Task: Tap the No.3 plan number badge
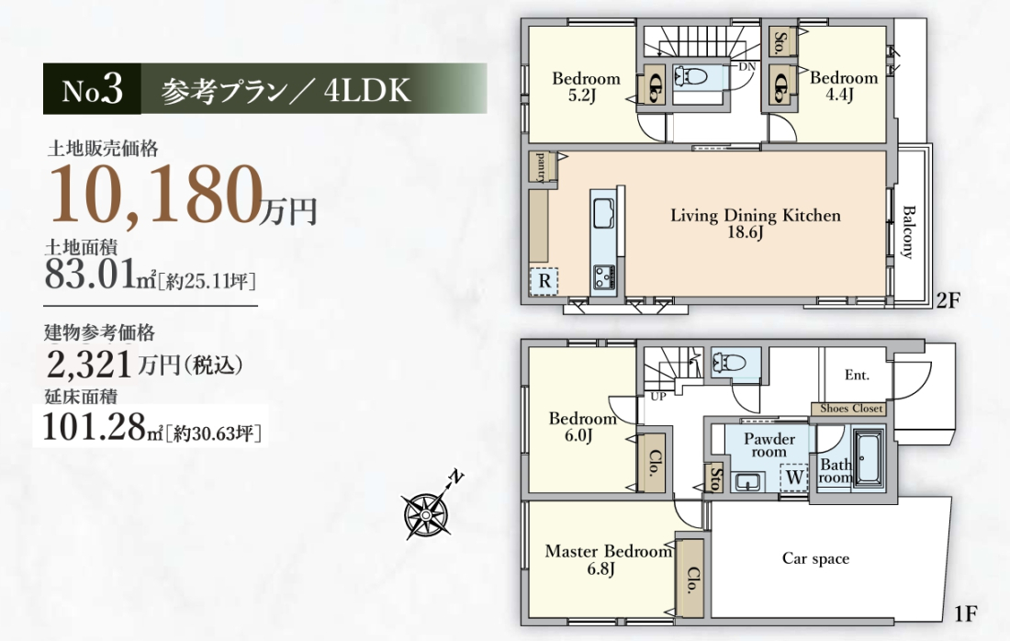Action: pyautogui.click(x=92, y=90)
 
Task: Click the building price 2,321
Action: pyautogui.click(x=90, y=364)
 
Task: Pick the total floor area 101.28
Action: pyautogui.click(x=94, y=426)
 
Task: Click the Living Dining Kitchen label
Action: pyautogui.click(x=756, y=223)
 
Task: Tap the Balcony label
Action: pyautogui.click(x=907, y=232)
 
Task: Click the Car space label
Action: pyautogui.click(x=815, y=558)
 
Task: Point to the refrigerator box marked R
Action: pyautogui.click(x=544, y=281)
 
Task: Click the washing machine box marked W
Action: pyautogui.click(x=793, y=478)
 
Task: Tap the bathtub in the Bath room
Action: pyautogui.click(x=869, y=458)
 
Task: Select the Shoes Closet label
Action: pyautogui.click(x=850, y=408)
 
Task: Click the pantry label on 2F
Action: pyautogui.click(x=539, y=166)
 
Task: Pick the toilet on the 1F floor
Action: pyautogui.click(x=729, y=364)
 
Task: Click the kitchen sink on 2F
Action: pyautogui.click(x=603, y=212)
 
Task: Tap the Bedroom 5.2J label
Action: pyautogui.click(x=586, y=87)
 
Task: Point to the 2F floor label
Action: pyautogui.click(x=948, y=300)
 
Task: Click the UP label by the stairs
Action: pyautogui.click(x=657, y=396)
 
